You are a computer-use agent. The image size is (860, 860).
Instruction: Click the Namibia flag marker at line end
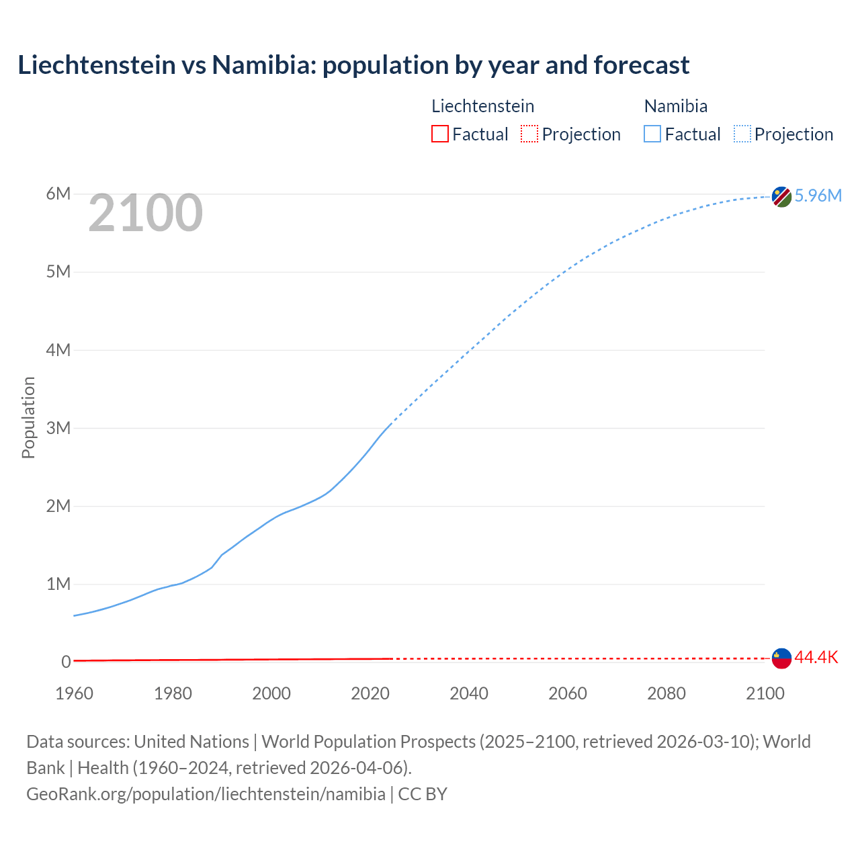point(781,197)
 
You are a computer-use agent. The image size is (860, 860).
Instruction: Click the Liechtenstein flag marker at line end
point(781,658)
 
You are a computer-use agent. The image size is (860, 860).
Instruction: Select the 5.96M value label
point(818,196)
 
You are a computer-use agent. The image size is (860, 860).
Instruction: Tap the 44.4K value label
point(816,657)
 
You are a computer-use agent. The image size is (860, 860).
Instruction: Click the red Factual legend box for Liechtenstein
point(439,134)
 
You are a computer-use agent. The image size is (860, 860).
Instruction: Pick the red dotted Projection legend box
point(529,134)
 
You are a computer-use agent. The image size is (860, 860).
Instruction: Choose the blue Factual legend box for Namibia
point(652,134)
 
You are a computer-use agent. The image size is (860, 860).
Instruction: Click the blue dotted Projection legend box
point(742,134)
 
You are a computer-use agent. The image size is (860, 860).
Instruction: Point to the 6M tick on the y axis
point(58,194)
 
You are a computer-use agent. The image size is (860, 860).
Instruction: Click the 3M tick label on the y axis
point(58,428)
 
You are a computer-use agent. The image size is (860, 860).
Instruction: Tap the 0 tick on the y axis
point(66,662)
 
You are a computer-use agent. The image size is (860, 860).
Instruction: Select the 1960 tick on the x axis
point(74,693)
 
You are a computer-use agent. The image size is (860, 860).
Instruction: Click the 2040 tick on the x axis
point(469,693)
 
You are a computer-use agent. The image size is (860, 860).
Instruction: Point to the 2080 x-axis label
point(666,693)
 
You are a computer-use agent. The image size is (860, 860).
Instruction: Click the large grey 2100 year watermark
point(145,213)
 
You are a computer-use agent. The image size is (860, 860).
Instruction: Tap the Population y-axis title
point(28,417)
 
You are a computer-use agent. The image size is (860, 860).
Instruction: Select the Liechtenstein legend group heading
point(482,106)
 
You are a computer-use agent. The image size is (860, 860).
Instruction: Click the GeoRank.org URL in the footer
point(206,793)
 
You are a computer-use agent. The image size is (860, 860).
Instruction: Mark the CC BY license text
point(423,793)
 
